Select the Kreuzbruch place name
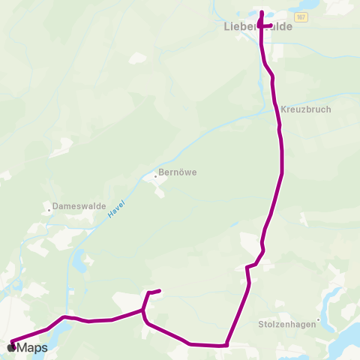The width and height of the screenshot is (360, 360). (306, 109)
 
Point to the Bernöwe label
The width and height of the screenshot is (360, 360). (179, 172)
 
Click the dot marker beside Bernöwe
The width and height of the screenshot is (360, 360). (156, 177)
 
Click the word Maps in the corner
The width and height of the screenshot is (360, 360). (32, 348)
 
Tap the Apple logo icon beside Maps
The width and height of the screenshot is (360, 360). (11, 347)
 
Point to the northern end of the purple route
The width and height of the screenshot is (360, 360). (261, 12)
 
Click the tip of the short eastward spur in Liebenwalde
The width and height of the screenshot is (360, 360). (271, 25)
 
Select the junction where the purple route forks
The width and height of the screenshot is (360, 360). (143, 310)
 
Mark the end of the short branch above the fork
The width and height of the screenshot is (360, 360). (160, 291)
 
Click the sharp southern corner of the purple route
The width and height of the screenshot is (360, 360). (226, 346)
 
